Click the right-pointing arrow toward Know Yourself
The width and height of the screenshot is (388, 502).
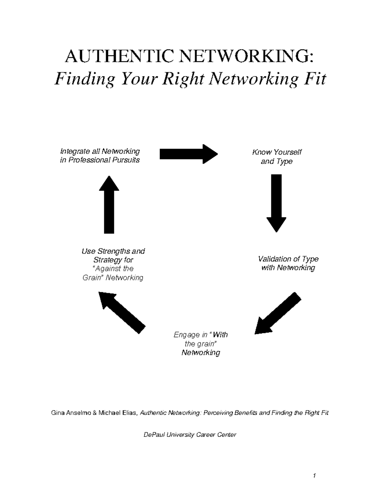189,154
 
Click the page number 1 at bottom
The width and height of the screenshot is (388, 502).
314,475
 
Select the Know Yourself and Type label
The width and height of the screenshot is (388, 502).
276,157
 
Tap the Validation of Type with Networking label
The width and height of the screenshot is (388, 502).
288,263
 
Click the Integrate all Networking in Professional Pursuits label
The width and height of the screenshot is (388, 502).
100,155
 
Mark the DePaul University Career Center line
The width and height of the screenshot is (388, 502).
190,435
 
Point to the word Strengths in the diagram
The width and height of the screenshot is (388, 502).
114,251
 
